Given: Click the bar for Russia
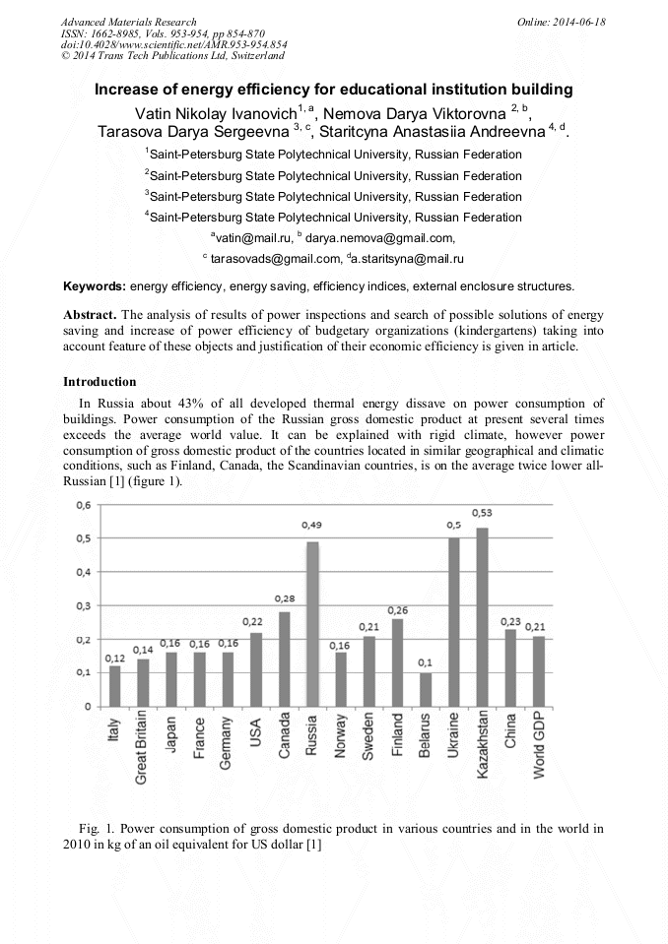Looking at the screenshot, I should click(x=312, y=623).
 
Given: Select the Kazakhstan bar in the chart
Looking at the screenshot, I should click(x=482, y=616).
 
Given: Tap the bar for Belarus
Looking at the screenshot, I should click(x=426, y=689).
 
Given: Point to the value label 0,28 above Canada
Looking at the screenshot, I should click(x=284, y=598).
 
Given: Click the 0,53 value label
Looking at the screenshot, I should click(x=482, y=513).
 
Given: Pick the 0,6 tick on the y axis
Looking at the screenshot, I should click(x=84, y=505).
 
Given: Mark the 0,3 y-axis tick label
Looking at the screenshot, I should click(x=84, y=605).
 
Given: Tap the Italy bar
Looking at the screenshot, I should click(x=115, y=686).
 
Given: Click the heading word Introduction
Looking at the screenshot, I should click(x=100, y=382).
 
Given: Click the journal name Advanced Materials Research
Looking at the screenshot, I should click(x=128, y=22).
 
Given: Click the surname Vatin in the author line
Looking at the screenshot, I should click(x=154, y=112).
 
